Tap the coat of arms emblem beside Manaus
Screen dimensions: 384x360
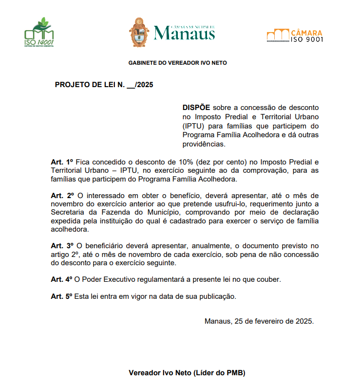click(139, 32)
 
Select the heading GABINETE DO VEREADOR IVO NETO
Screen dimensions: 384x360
click(177, 63)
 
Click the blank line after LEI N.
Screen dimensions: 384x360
click(131, 85)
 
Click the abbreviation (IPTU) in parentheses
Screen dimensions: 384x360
click(194, 126)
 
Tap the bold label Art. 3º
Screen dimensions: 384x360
click(62, 246)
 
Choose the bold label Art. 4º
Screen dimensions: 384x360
click(62, 279)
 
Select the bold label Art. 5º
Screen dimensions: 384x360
click(62, 296)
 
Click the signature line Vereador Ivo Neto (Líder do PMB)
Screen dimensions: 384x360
click(187, 373)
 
